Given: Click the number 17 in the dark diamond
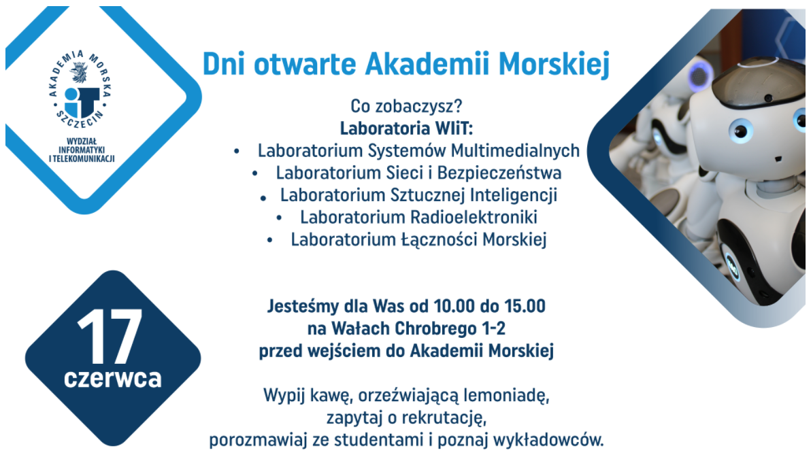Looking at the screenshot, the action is (x=110, y=337).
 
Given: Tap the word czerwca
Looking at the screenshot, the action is (x=113, y=378).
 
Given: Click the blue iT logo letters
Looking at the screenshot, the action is (x=81, y=101).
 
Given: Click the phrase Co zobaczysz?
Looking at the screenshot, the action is (x=406, y=106).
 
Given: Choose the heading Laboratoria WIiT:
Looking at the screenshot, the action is (x=406, y=129).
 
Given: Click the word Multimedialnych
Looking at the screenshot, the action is (x=515, y=150).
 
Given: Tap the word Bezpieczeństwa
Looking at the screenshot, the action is (x=499, y=173).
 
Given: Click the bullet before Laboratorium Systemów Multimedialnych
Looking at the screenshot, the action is (x=236, y=152).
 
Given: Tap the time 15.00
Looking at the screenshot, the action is (x=525, y=306).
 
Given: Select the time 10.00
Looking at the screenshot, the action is (x=454, y=306).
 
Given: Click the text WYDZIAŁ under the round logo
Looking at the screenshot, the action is (x=82, y=141).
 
